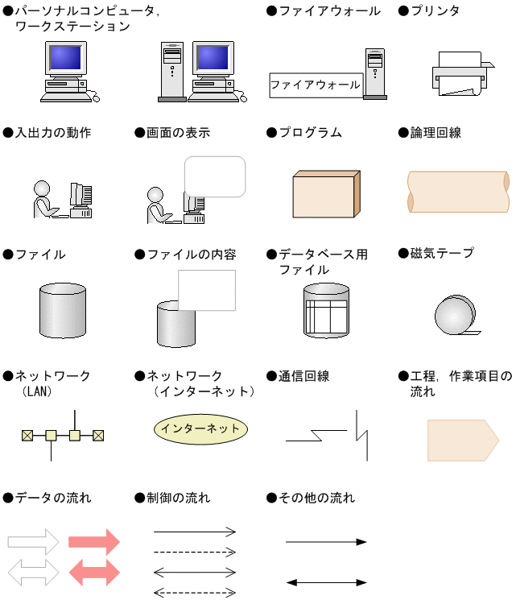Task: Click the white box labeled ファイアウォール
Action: tap(316, 85)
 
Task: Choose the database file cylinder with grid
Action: tap(326, 310)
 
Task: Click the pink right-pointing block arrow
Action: tap(94, 542)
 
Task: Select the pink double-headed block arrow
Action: tap(94, 572)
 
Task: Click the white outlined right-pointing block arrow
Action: tap(34, 542)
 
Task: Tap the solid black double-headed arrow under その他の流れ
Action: tap(326, 581)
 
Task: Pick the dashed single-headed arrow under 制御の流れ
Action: tap(195, 552)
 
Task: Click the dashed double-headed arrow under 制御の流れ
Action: tap(195, 593)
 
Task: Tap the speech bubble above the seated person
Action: tap(215, 176)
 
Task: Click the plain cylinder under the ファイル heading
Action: tap(62, 311)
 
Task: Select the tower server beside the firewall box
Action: tap(374, 73)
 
